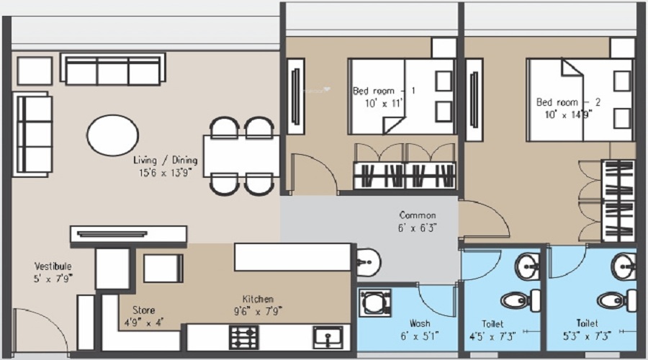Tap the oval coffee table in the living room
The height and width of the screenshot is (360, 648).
pyautogui.click(x=113, y=135)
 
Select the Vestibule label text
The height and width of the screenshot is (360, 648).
pyautogui.click(x=53, y=266)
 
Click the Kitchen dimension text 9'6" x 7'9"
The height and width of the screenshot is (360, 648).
pyautogui.click(x=257, y=311)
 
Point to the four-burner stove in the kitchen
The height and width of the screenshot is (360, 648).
pyautogui.click(x=243, y=337)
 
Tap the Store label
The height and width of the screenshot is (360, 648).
pyautogui.click(x=144, y=310)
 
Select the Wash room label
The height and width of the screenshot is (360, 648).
pyautogui.click(x=420, y=323)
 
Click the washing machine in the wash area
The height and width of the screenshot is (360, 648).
pyautogui.click(x=375, y=303)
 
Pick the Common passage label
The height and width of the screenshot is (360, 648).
pyautogui.click(x=418, y=215)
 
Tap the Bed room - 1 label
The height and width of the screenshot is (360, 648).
pyautogui.click(x=384, y=91)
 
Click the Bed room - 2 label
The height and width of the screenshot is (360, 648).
pyautogui.click(x=568, y=102)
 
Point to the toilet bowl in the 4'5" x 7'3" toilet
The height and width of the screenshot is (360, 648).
pyautogui.click(x=516, y=299)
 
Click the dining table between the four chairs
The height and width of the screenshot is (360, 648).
pyautogui.click(x=240, y=156)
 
